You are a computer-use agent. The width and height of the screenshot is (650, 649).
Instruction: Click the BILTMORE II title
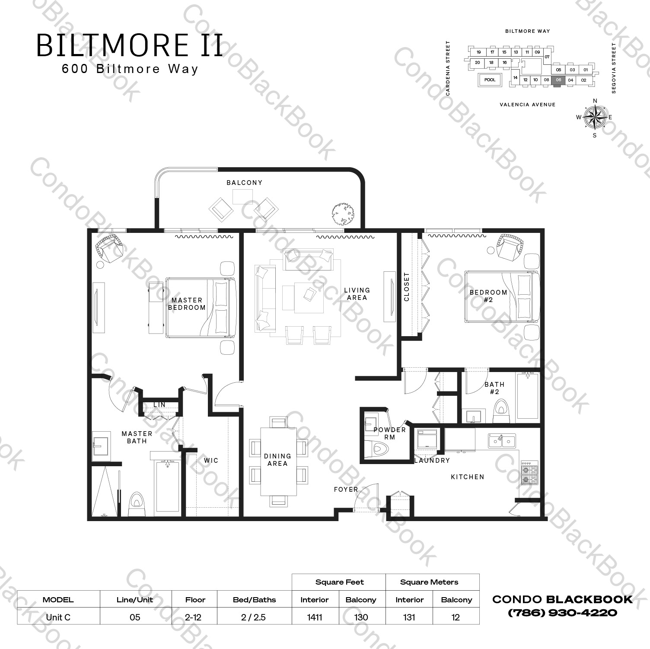pyautogui.click(x=130, y=45)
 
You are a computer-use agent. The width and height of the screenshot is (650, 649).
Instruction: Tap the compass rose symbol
pyautogui.click(x=595, y=117)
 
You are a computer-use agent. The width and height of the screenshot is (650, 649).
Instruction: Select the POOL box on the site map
pyautogui.click(x=490, y=80)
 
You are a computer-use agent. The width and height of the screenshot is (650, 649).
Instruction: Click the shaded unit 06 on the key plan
pyautogui.click(x=558, y=80)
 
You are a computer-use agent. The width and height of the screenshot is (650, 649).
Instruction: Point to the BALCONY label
pyautogui.click(x=245, y=183)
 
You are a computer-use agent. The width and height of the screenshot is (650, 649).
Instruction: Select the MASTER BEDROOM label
pyautogui.click(x=187, y=304)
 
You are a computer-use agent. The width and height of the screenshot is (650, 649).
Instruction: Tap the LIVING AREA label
pyautogui.click(x=357, y=294)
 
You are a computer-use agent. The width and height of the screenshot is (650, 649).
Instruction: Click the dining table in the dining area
pyautogui.click(x=278, y=461)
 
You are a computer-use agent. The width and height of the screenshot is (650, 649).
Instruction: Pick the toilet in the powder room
pyautogui.click(x=374, y=449)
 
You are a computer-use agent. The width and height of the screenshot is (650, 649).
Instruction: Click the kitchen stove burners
pyautogui.click(x=529, y=474)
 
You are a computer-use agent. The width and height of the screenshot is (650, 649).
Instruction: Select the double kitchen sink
pyautogui.click(x=502, y=441)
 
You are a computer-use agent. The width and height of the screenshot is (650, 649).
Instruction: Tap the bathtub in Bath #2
pyautogui.click(x=527, y=396)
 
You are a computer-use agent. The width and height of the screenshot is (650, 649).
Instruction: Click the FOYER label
pyautogui.click(x=346, y=490)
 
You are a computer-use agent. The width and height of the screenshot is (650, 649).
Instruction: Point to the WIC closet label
pyautogui.click(x=211, y=461)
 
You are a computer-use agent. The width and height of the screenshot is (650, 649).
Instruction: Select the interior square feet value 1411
pyautogui.click(x=315, y=617)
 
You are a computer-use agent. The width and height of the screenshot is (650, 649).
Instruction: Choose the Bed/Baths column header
pyautogui.click(x=254, y=600)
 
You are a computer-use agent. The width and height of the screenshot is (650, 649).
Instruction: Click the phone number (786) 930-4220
pyautogui.click(x=562, y=613)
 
